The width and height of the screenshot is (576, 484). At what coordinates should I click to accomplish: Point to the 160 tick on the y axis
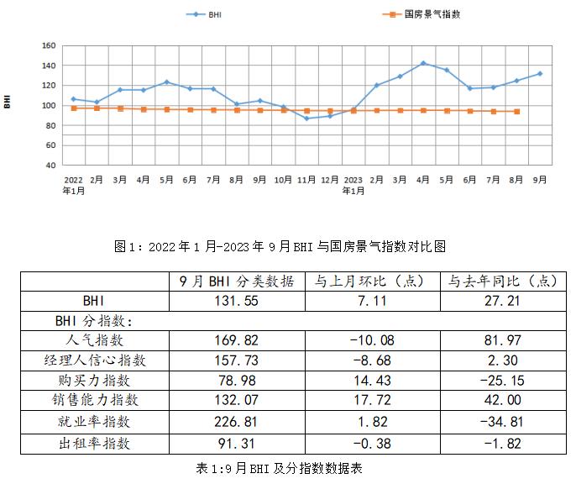[x=49, y=45]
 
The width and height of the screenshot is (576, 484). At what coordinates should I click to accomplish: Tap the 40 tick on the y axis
[x=51, y=165]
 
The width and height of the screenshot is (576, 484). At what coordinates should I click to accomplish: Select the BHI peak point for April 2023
[x=423, y=63]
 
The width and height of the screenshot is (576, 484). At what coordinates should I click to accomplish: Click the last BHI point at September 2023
[x=540, y=74]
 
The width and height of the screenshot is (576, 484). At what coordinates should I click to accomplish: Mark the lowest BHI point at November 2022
[x=306, y=118]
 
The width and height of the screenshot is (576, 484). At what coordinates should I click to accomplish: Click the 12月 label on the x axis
[x=330, y=180]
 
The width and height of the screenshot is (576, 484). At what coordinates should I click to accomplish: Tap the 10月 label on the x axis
[x=283, y=180]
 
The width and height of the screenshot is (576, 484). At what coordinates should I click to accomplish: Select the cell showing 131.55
[x=237, y=300]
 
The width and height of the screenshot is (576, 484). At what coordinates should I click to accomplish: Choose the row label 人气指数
[x=94, y=340]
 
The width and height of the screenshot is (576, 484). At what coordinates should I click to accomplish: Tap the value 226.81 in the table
[x=237, y=421]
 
